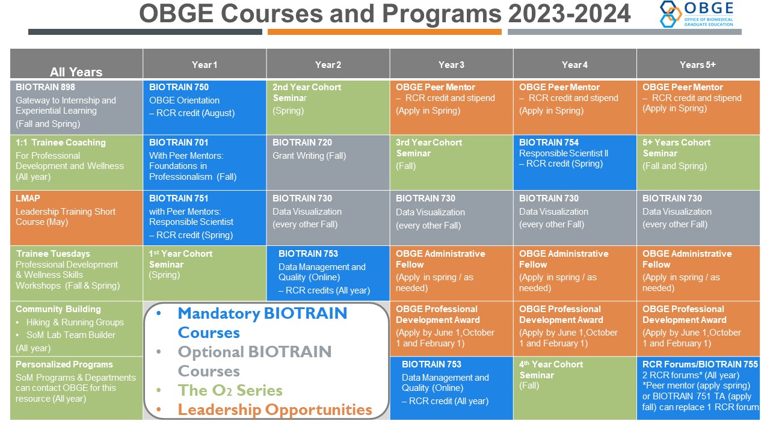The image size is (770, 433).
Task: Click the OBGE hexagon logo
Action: (x=670, y=14)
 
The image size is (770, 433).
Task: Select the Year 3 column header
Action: (x=451, y=64)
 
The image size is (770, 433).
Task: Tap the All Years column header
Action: (x=76, y=64)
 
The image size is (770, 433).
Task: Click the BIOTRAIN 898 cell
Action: (x=76, y=107)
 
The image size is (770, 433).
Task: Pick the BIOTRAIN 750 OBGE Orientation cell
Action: (x=205, y=107)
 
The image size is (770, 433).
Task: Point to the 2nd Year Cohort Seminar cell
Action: (x=328, y=107)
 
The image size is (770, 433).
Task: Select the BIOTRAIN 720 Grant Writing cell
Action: (x=328, y=162)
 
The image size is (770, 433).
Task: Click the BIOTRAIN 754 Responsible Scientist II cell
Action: (x=574, y=162)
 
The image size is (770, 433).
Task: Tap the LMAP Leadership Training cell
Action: (x=76, y=218)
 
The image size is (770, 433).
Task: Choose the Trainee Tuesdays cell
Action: (x=76, y=273)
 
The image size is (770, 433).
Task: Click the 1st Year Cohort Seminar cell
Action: (x=205, y=273)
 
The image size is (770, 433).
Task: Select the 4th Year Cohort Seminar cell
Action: (x=574, y=388)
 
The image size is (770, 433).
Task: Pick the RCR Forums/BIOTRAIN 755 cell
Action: (x=698, y=388)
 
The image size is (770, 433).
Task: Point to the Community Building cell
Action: (x=76, y=328)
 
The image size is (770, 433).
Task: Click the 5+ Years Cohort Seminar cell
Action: (x=698, y=162)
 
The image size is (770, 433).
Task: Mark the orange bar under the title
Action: (x=384, y=32)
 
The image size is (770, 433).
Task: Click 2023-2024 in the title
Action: (x=569, y=14)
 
